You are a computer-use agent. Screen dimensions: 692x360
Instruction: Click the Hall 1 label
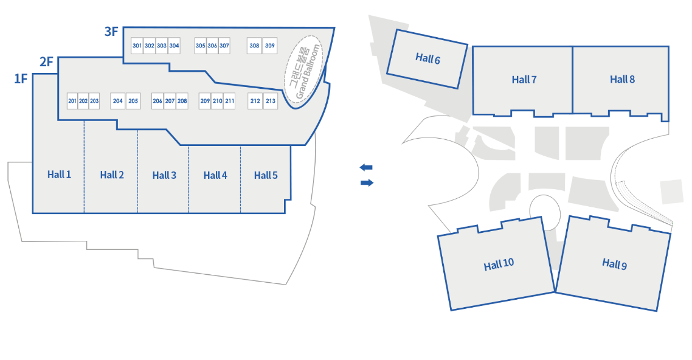click(59, 175)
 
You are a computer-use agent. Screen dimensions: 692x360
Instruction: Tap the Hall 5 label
click(266, 175)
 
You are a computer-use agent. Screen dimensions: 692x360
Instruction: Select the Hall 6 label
click(427, 58)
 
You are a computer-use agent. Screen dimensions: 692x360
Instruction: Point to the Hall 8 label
click(622, 79)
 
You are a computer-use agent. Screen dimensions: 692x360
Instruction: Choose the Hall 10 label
click(499, 264)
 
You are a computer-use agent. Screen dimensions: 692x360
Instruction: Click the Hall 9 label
click(614, 264)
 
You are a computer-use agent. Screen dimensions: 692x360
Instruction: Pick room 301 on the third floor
click(137, 46)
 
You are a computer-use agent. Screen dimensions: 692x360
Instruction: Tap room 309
click(270, 46)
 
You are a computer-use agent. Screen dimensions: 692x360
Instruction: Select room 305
click(200, 46)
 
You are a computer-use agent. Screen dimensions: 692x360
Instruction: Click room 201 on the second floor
click(72, 101)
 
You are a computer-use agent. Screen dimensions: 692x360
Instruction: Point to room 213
click(271, 101)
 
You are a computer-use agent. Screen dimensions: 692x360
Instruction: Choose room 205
click(133, 101)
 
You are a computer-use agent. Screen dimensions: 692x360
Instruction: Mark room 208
click(182, 101)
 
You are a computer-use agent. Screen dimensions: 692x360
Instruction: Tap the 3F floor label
click(111, 32)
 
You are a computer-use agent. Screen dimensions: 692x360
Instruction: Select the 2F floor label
click(47, 61)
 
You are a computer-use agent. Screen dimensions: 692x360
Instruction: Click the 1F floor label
click(21, 78)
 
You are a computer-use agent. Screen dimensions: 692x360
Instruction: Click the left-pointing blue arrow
click(366, 167)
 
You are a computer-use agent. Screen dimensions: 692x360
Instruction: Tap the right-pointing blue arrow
click(367, 182)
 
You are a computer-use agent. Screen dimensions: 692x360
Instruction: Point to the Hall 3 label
click(164, 175)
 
